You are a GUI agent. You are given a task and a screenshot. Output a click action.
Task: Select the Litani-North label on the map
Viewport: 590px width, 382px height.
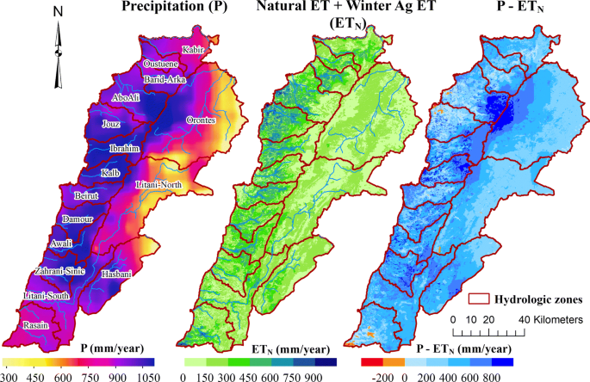pos(160,185)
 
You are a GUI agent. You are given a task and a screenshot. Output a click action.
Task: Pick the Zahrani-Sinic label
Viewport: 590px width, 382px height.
pos(59,271)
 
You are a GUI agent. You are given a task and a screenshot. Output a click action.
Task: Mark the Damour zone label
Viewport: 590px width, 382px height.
pos(80,220)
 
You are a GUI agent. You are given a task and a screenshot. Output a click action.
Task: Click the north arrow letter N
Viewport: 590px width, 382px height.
pos(57,13)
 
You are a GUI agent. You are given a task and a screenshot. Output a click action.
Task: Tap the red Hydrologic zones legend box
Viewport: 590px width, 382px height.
pos(478,300)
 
